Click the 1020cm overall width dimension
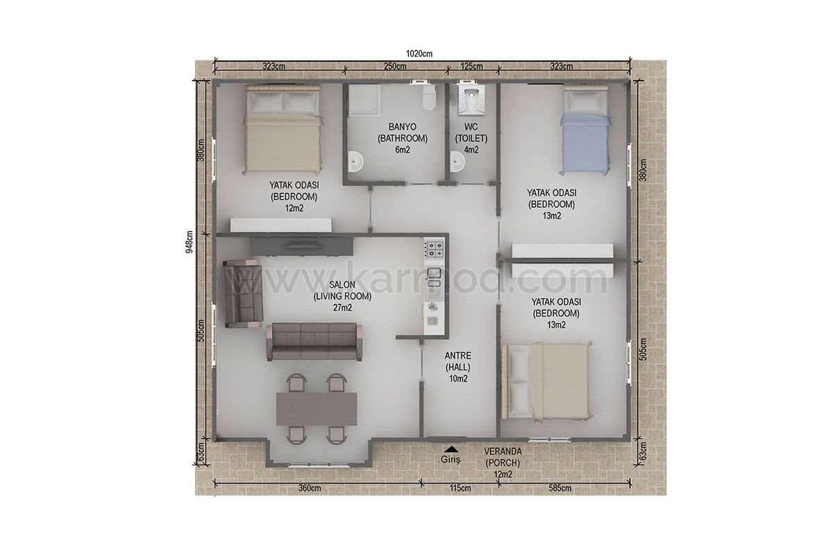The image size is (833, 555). point(419,53)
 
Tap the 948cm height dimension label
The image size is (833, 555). point(190,241)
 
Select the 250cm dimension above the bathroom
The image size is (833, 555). point(395,67)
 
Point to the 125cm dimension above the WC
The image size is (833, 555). point(471,67)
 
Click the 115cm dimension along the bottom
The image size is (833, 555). point(460,488)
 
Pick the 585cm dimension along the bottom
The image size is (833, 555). point(560,488)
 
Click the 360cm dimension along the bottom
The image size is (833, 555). point(310,488)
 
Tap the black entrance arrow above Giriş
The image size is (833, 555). point(451,449)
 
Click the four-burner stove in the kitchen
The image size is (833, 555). point(435,249)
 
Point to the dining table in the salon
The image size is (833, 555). point(317,409)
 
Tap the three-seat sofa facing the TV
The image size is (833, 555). point(314,341)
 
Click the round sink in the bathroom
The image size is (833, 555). point(355,162)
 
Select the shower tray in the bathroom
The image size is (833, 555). point(365,101)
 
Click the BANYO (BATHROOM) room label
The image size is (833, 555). point(403,133)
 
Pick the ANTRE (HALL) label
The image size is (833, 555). point(457,361)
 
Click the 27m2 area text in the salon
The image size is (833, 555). point(342,308)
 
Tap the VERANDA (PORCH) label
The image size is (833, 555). point(503,457)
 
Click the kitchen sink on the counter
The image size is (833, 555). point(434,277)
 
